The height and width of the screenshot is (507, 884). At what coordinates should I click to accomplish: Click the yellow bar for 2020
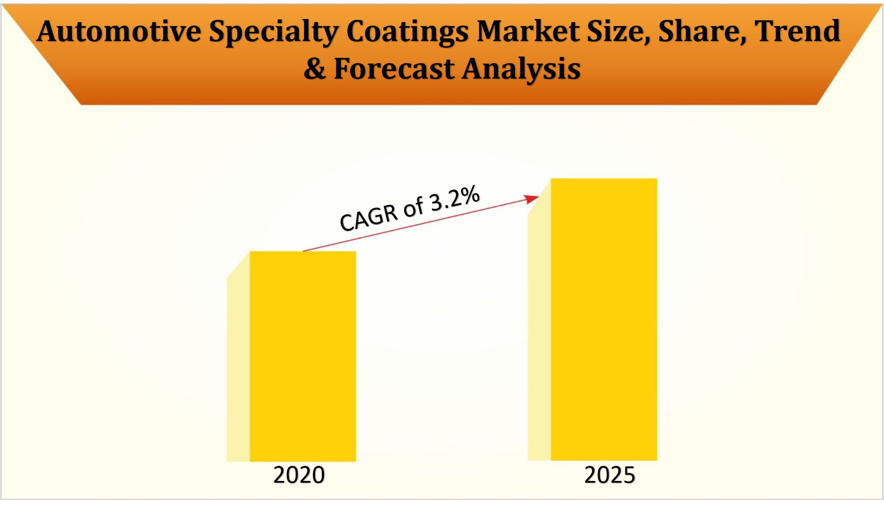pyautogui.click(x=303, y=356)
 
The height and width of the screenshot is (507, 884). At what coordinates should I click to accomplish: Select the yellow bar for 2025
pyautogui.click(x=604, y=319)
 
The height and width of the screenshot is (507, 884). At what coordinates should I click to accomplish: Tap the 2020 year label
pyautogui.click(x=299, y=475)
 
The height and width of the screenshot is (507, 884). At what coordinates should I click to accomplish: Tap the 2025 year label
pyautogui.click(x=610, y=475)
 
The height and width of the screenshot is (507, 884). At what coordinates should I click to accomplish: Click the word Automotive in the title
pyautogui.click(x=119, y=32)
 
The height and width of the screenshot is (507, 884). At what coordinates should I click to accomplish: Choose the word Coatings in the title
pyautogui.click(x=407, y=32)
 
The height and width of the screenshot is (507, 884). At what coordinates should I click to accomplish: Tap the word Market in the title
pyautogui.click(x=528, y=32)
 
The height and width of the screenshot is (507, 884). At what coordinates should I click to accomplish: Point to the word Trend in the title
pyautogui.click(x=797, y=32)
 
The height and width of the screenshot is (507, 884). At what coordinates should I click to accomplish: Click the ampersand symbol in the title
pyautogui.click(x=315, y=69)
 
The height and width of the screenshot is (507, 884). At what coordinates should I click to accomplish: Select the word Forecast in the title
pyautogui.click(x=394, y=69)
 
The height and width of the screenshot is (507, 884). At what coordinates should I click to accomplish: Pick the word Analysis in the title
pyautogui.click(x=521, y=69)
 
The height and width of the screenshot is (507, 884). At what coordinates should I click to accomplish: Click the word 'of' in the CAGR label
pyautogui.click(x=413, y=208)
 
